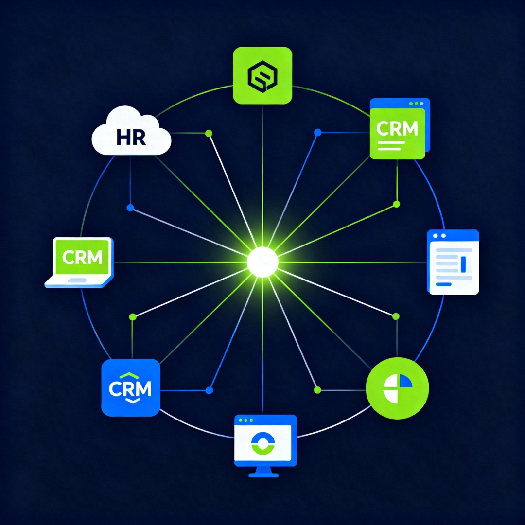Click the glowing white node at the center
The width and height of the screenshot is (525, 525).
point(262,262)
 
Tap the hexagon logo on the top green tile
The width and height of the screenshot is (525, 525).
point(262,76)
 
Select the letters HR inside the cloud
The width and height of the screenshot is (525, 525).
point(131,137)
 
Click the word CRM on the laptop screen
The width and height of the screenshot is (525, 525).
point(83,257)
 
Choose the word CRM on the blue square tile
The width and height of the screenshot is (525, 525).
point(130,388)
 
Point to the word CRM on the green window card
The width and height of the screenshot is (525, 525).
point(397,128)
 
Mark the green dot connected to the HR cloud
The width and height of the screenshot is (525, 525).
point(209,133)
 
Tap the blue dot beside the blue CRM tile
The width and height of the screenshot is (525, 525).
point(209,390)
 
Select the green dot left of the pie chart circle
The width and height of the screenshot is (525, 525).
point(317,390)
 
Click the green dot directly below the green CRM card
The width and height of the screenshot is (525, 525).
point(396,204)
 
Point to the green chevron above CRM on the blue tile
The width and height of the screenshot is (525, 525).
point(130,375)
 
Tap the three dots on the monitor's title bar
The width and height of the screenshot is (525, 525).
point(246,420)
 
